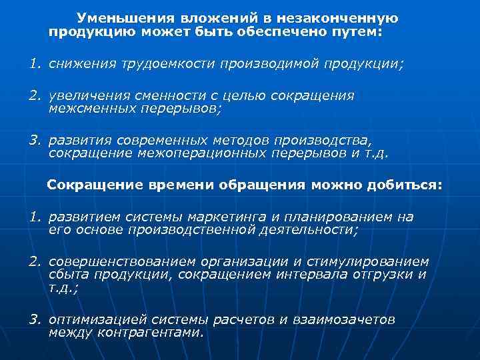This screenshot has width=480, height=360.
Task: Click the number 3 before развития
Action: [33, 141]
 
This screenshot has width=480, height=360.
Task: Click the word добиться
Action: [405, 185]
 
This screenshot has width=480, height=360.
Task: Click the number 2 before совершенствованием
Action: [33, 261]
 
